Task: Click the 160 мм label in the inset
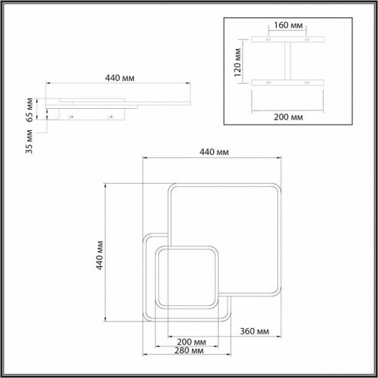(287, 26)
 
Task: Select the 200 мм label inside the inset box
(288, 117)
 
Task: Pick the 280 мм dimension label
(184, 351)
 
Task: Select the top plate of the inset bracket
(288, 39)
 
